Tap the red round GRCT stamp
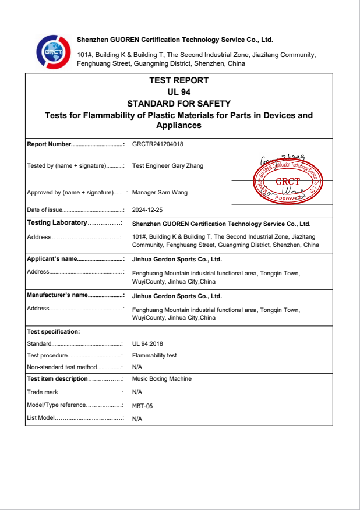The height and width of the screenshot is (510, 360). (x=287, y=180)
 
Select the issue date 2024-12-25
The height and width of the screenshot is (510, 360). (x=147, y=210)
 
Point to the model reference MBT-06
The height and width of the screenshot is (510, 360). (x=143, y=406)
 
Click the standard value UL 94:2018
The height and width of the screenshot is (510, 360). (x=148, y=344)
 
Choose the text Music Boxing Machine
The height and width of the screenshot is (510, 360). (x=162, y=379)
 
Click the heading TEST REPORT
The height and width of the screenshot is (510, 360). (x=179, y=81)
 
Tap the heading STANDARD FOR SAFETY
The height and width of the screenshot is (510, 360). (x=179, y=104)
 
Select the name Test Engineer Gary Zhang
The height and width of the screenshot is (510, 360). (x=168, y=166)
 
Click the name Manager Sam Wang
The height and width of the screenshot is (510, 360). (x=160, y=193)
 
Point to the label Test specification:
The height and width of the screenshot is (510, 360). (x=54, y=332)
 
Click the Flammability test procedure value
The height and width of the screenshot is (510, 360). (x=154, y=355)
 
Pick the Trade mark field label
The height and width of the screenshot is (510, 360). (x=43, y=392)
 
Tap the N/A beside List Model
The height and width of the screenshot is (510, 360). (x=137, y=419)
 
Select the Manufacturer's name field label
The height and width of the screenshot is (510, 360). (x=57, y=295)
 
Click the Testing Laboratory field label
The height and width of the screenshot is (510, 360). (x=57, y=223)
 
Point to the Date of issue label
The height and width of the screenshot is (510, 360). (x=44, y=210)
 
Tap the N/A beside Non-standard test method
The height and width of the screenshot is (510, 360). (x=137, y=367)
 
